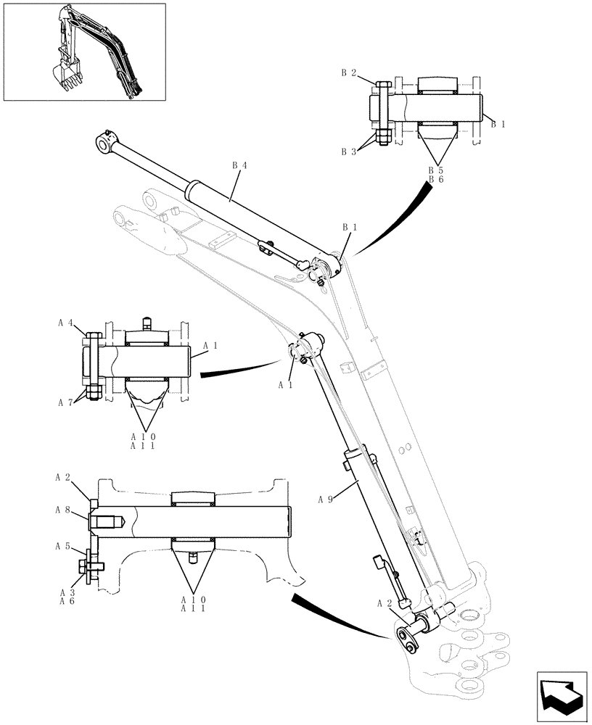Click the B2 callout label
pyautogui.click(x=348, y=72)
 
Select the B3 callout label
pyautogui.click(x=348, y=152)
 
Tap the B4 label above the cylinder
pyautogui.click(x=239, y=165)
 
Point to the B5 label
pyautogui.click(x=435, y=170)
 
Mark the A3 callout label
pyautogui.click(x=67, y=592)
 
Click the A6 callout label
pyautogui.click(x=67, y=601)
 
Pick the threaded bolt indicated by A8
pyautogui.click(x=109, y=521)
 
